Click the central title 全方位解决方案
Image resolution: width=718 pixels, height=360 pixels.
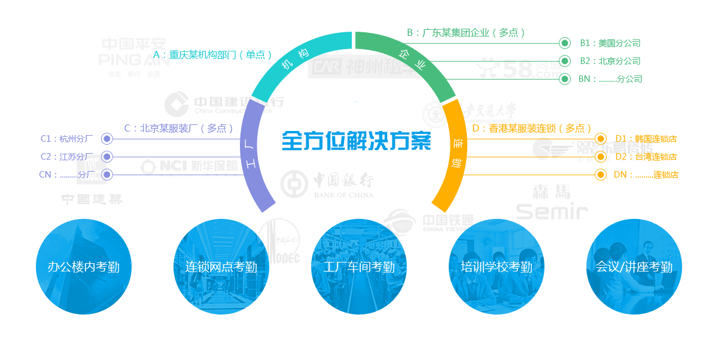coord(357,141)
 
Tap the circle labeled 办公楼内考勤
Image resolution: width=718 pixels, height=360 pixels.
coord(84,267)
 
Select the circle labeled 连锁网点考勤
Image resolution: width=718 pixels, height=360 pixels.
coord(221,267)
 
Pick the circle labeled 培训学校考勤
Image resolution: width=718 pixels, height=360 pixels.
coord(497,267)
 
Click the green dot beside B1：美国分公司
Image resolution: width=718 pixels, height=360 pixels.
coord(564,43)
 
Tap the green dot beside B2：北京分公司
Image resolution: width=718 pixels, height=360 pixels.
coord(564,61)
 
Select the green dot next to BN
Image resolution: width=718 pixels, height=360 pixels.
coord(564,79)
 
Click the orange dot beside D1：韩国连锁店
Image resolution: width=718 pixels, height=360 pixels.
coord(601,139)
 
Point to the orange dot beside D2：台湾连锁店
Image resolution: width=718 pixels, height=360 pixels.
coord(601,157)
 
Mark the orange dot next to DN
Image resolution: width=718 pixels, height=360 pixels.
coord(601,175)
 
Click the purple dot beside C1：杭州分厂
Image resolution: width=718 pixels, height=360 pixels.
coord(107,139)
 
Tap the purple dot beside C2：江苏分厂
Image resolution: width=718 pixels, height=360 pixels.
coord(107,157)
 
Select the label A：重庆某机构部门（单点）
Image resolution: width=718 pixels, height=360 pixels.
coord(212,54)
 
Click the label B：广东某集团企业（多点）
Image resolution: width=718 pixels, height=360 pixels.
coord(466,33)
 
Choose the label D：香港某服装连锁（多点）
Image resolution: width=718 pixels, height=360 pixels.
coord(531,128)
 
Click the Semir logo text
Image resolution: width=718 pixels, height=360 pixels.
coord(552,210)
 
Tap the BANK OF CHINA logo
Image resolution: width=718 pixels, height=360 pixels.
coord(327,185)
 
